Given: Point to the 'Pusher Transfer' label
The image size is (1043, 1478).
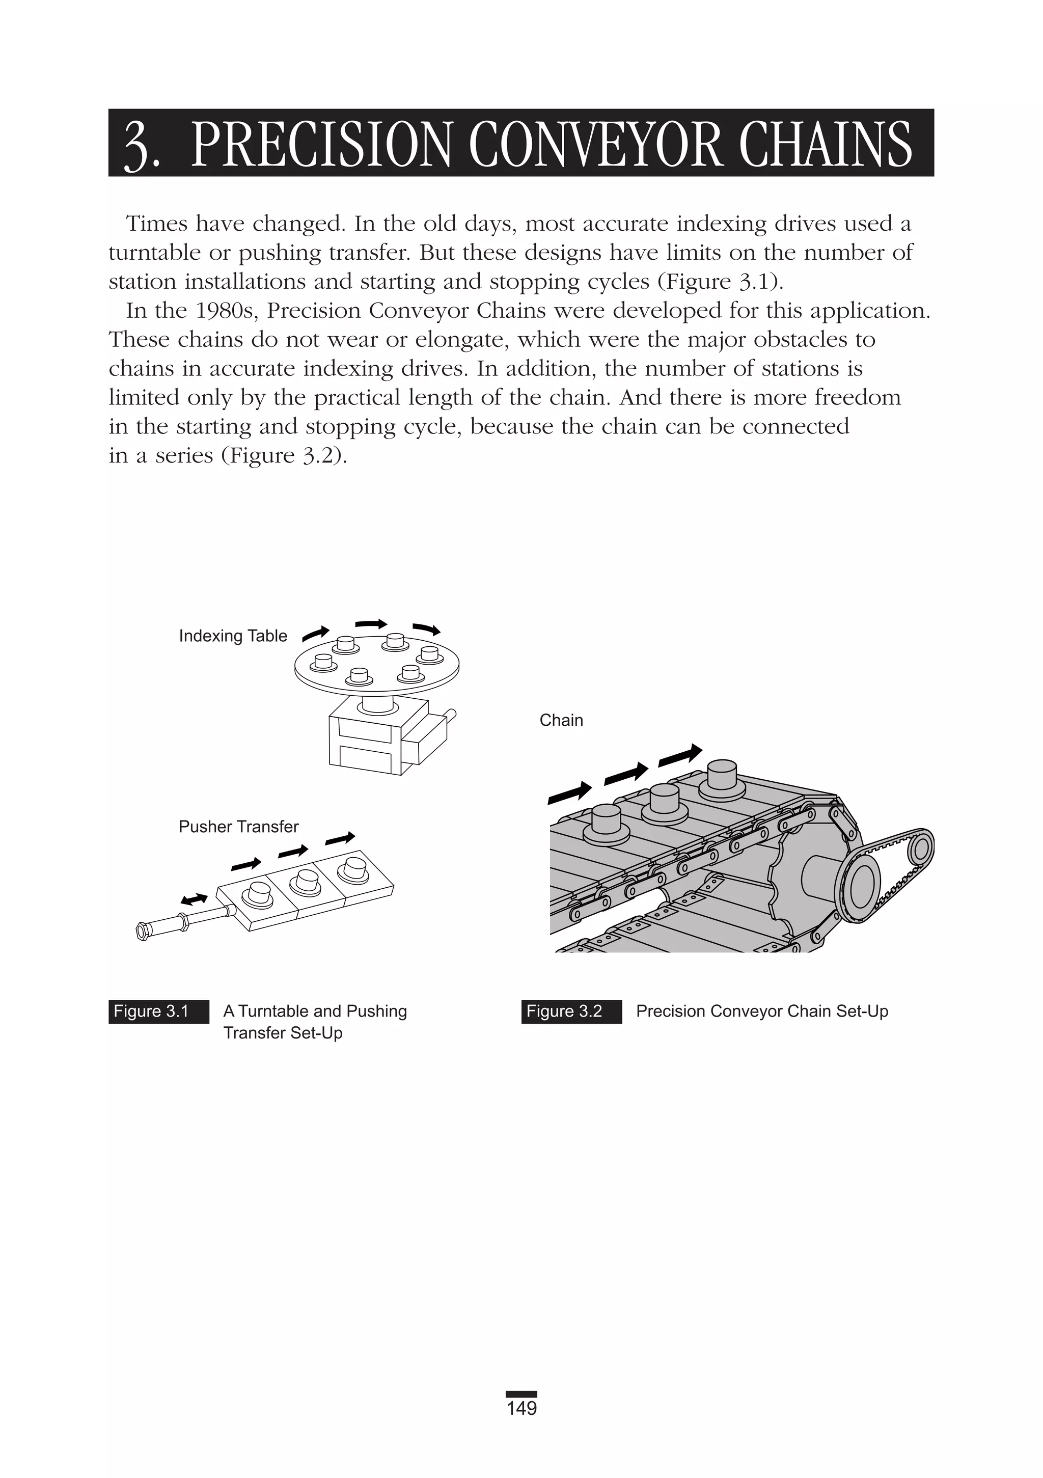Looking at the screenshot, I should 238,827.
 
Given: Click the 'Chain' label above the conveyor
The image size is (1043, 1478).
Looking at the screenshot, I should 561,720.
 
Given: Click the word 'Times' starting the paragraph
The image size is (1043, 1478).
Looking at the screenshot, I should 156,224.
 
